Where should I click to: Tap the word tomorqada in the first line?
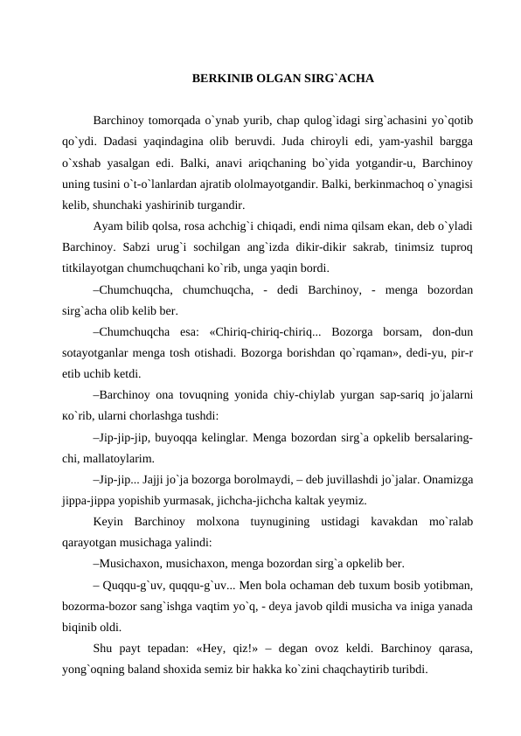pos(176,118)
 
